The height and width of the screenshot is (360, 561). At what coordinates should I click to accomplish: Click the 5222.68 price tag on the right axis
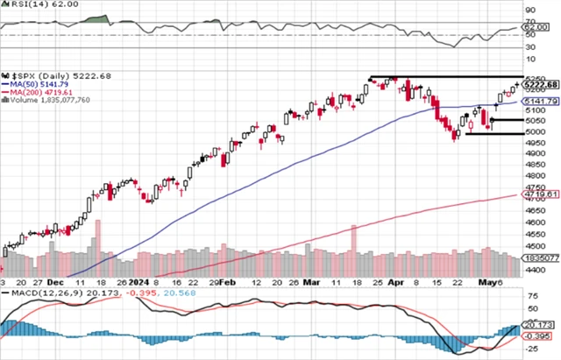tap(541, 85)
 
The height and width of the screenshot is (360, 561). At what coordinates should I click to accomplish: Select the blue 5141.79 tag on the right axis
tap(541, 102)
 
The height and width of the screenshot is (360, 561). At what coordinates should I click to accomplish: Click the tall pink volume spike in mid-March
tap(353, 250)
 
